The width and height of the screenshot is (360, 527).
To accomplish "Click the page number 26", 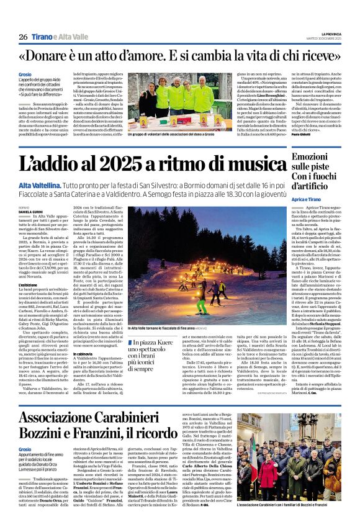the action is pyautogui.click(x=23, y=37).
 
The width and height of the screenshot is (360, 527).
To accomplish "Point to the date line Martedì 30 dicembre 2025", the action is pyautogui.click(x=324, y=39).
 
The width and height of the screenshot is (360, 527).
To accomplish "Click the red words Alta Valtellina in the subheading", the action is pyautogui.click(x=39, y=185).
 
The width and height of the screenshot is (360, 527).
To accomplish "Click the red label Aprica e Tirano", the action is pyautogui.click(x=312, y=198).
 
